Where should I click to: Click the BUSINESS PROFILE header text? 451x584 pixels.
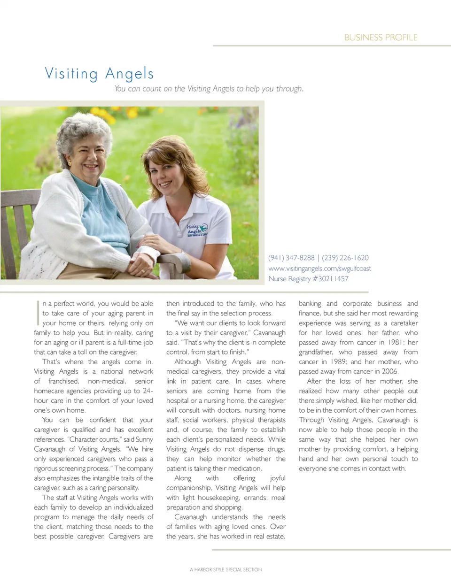pyautogui.click(x=381, y=38)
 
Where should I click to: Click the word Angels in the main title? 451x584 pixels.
pyautogui.click(x=129, y=74)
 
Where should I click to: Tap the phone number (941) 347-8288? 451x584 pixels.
pyautogui.click(x=291, y=258)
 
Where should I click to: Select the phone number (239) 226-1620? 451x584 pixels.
pyautogui.click(x=345, y=258)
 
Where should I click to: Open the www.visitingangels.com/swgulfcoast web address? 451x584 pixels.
pyautogui.click(x=319, y=269)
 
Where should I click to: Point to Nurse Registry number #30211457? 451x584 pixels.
pyautogui.click(x=331, y=279)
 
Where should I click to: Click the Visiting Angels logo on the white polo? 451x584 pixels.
pyautogui.click(x=197, y=230)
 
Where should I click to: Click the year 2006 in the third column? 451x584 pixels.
pyautogui.click(x=389, y=371)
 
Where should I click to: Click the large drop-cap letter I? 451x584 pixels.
pyautogui.click(x=38, y=313)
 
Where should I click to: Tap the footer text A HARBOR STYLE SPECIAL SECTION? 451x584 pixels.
pyautogui.click(x=226, y=569)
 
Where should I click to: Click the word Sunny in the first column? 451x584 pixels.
pyautogui.click(x=144, y=439)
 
